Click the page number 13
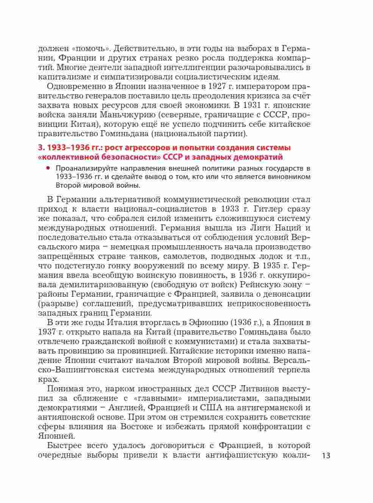326,455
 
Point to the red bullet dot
48,168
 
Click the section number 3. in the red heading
42,148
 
